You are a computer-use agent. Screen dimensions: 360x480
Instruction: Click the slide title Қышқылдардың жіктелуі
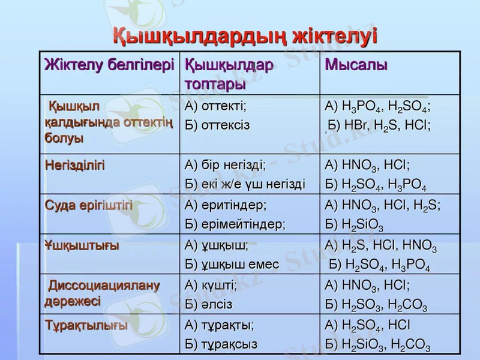coord(245,35)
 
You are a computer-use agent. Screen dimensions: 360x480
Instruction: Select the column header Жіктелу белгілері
coord(110,65)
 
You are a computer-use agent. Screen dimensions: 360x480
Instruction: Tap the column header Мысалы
coord(356,65)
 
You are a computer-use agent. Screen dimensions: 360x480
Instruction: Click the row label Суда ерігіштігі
coord(89,205)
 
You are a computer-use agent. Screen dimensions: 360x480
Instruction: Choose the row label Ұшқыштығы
coord(82,245)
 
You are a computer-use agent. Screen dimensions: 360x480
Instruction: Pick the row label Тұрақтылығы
coord(86,326)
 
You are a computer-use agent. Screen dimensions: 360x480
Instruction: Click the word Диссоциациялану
coord(104,285)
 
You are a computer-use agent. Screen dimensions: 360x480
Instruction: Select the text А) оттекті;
coord(216,106)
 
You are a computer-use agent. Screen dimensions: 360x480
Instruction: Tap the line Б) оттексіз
coord(218,125)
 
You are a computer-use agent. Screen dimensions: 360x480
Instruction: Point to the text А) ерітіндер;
coord(226,205)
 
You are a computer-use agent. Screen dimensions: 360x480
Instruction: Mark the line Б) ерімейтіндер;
coord(235,224)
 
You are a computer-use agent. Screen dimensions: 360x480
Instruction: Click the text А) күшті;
coord(211,286)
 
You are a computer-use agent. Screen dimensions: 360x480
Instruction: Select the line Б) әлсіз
coord(209,305)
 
